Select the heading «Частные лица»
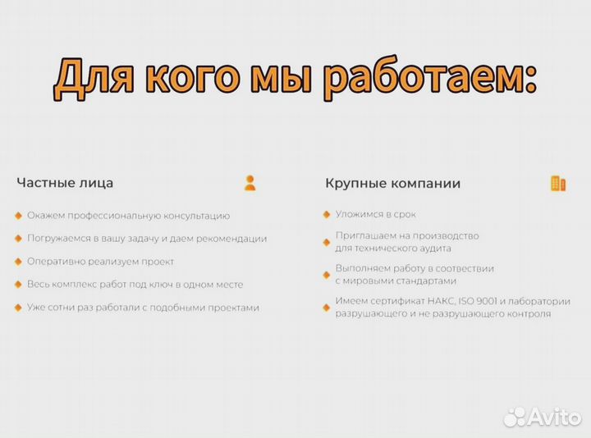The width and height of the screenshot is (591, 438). (x=65, y=183)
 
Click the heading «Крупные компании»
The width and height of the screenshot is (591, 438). (x=392, y=183)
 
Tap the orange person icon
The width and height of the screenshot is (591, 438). (x=250, y=183)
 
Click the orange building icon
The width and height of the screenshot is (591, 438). (x=558, y=183)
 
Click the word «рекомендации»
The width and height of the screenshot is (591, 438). (x=228, y=239)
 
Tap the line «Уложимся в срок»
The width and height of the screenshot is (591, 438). (x=375, y=214)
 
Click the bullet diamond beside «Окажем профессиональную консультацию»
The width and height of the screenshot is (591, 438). (x=18, y=216)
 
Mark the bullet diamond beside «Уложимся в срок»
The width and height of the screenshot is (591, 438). (x=326, y=214)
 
